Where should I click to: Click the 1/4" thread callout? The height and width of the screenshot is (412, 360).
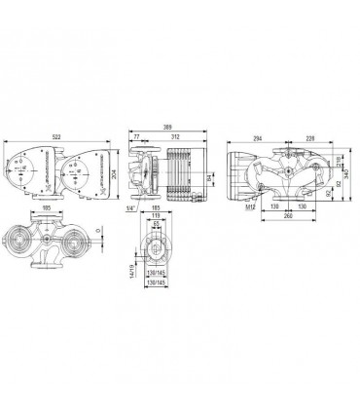coord(128,206)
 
